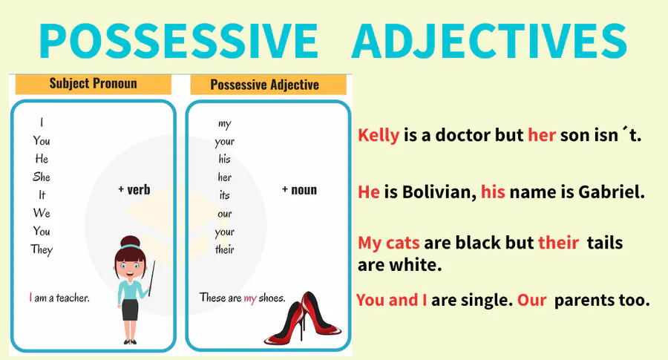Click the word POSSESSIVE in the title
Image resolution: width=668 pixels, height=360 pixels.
pyautogui.click(x=178, y=41)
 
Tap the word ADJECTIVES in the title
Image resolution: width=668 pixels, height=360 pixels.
pyautogui.click(x=489, y=41)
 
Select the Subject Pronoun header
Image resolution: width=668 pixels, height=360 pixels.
pyautogui.click(x=94, y=83)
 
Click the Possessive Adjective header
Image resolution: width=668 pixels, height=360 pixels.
pyautogui.click(x=264, y=85)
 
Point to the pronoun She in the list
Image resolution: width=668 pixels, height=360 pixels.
pyautogui.click(x=42, y=177)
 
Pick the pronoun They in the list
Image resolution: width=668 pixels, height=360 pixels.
pyautogui.click(x=42, y=249)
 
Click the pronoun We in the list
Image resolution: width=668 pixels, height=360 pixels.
pyautogui.click(x=42, y=213)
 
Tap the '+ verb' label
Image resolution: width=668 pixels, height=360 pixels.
pyautogui.click(x=134, y=189)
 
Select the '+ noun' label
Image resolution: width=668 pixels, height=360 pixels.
pyautogui.click(x=300, y=190)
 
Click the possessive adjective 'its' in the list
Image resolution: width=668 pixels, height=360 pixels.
pyautogui.click(x=224, y=195)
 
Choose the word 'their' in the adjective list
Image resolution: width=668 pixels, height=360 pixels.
pyautogui.click(x=224, y=249)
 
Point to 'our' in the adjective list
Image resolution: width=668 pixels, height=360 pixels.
pyautogui.click(x=224, y=214)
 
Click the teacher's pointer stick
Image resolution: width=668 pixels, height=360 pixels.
pyautogui.click(x=151, y=278)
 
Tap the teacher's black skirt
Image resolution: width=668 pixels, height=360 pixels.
pyautogui.click(x=130, y=310)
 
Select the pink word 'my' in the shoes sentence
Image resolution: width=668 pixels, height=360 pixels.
pyautogui.click(x=250, y=298)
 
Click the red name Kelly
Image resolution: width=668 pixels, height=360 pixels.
pyautogui.click(x=379, y=135)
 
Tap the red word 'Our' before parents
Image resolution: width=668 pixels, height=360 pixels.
pyautogui.click(x=531, y=300)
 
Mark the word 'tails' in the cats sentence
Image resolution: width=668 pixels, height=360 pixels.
pyautogui.click(x=604, y=243)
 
